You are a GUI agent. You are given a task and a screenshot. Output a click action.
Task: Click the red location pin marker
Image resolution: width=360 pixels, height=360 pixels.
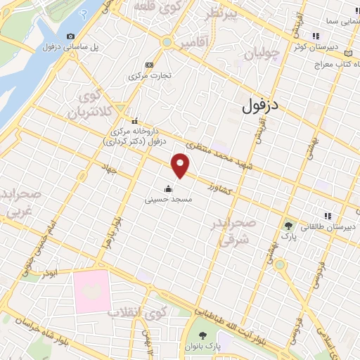coord(181,166)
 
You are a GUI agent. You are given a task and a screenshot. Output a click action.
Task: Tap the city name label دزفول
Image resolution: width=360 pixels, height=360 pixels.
coord(260,105)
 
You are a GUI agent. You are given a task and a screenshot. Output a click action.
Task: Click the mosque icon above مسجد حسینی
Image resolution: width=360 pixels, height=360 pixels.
coord(168,188)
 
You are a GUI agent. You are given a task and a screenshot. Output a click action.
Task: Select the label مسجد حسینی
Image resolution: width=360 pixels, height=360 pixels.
coord(169,200)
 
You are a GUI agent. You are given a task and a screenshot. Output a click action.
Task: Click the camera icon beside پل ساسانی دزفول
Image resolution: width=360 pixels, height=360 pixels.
coord(70,37)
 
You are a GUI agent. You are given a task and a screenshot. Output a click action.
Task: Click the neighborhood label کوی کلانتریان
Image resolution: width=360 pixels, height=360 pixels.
coord(89,103)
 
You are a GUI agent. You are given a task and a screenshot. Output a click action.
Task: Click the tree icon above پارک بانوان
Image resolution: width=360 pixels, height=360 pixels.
coord(203,335)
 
